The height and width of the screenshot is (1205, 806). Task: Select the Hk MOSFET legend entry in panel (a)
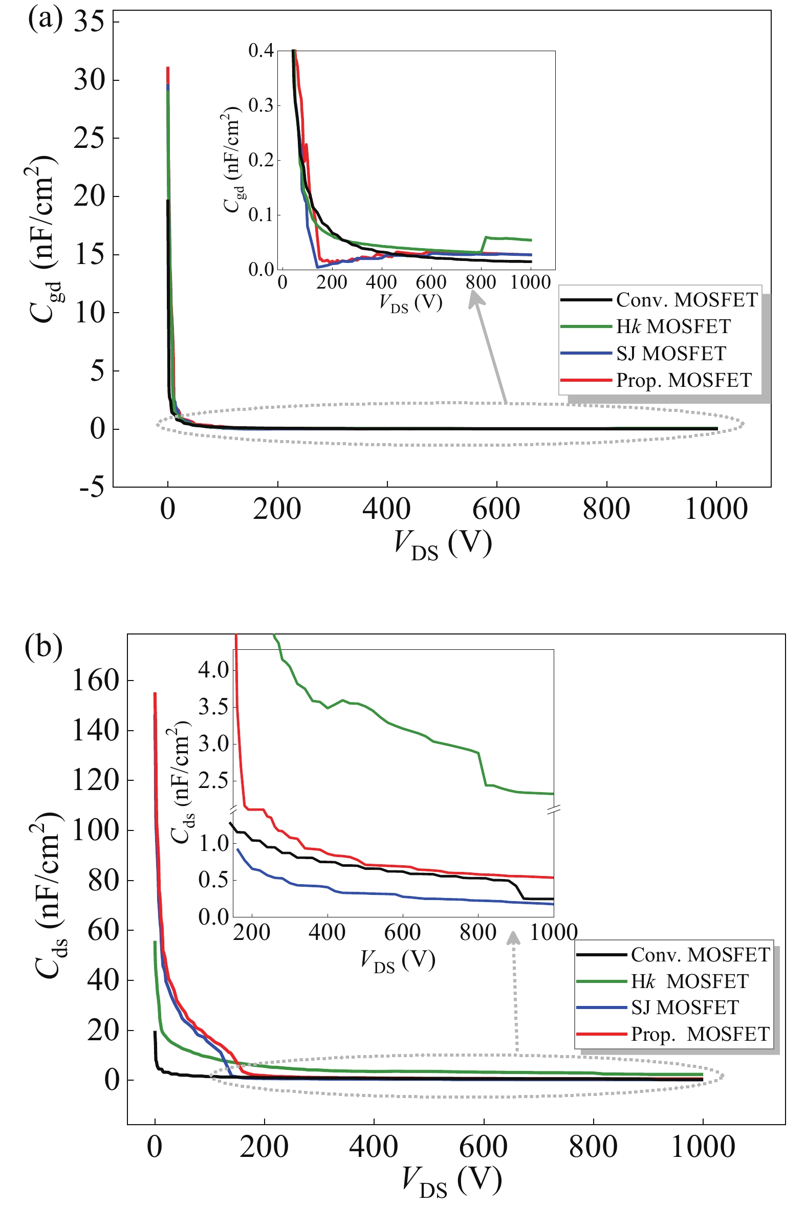tap(673, 327)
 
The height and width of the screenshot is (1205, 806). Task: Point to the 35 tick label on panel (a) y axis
tap(89, 22)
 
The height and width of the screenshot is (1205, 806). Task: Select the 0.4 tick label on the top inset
tap(261, 50)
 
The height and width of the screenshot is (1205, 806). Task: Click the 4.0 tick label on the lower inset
tap(213, 670)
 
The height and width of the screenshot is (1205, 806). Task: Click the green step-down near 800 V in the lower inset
tap(482, 769)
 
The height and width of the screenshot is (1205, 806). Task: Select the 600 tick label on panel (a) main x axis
tap(496, 510)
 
